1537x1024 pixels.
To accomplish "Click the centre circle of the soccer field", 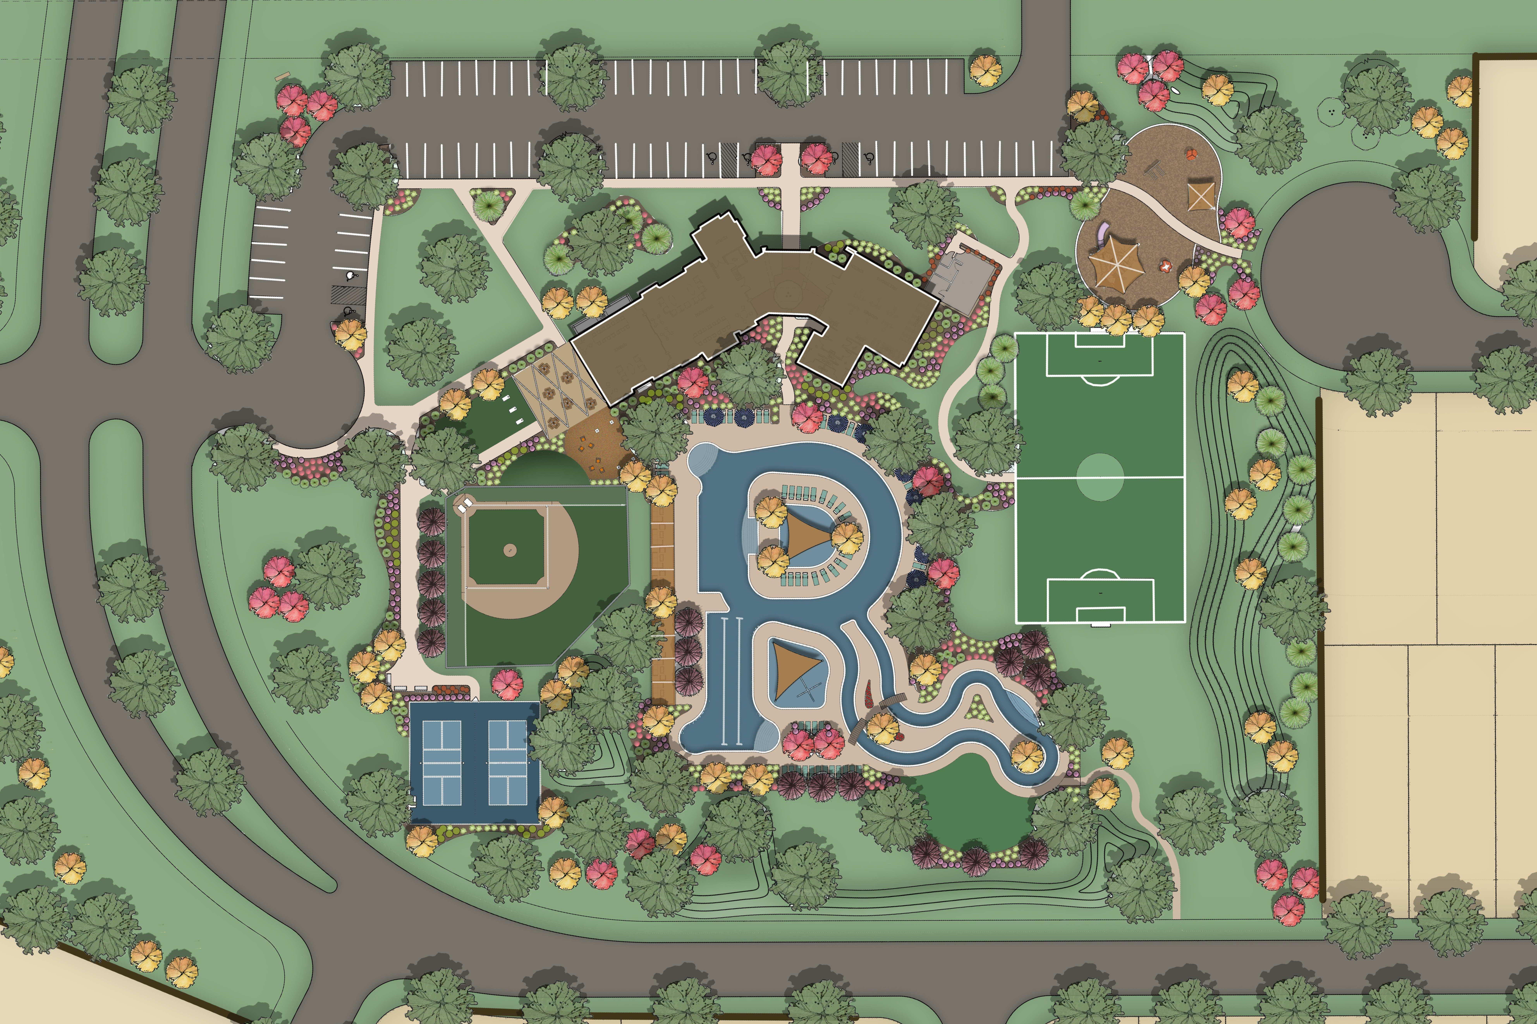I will click(x=1100, y=477).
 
